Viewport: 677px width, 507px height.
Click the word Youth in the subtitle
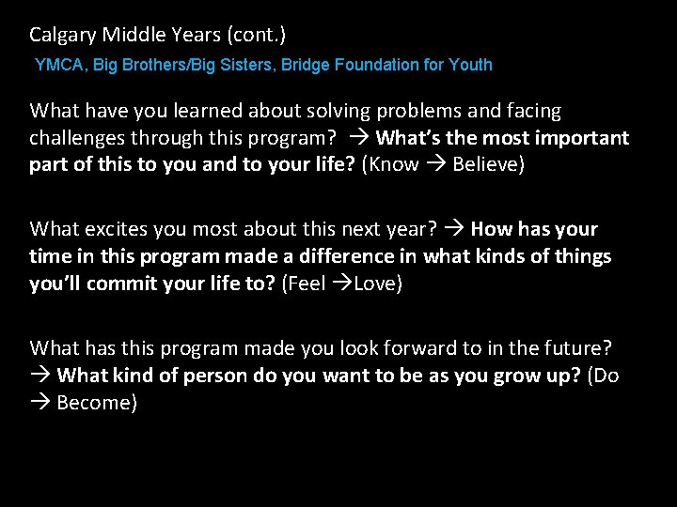(469, 65)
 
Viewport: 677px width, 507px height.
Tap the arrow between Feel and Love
(342, 284)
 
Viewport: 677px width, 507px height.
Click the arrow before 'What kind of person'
(39, 376)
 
